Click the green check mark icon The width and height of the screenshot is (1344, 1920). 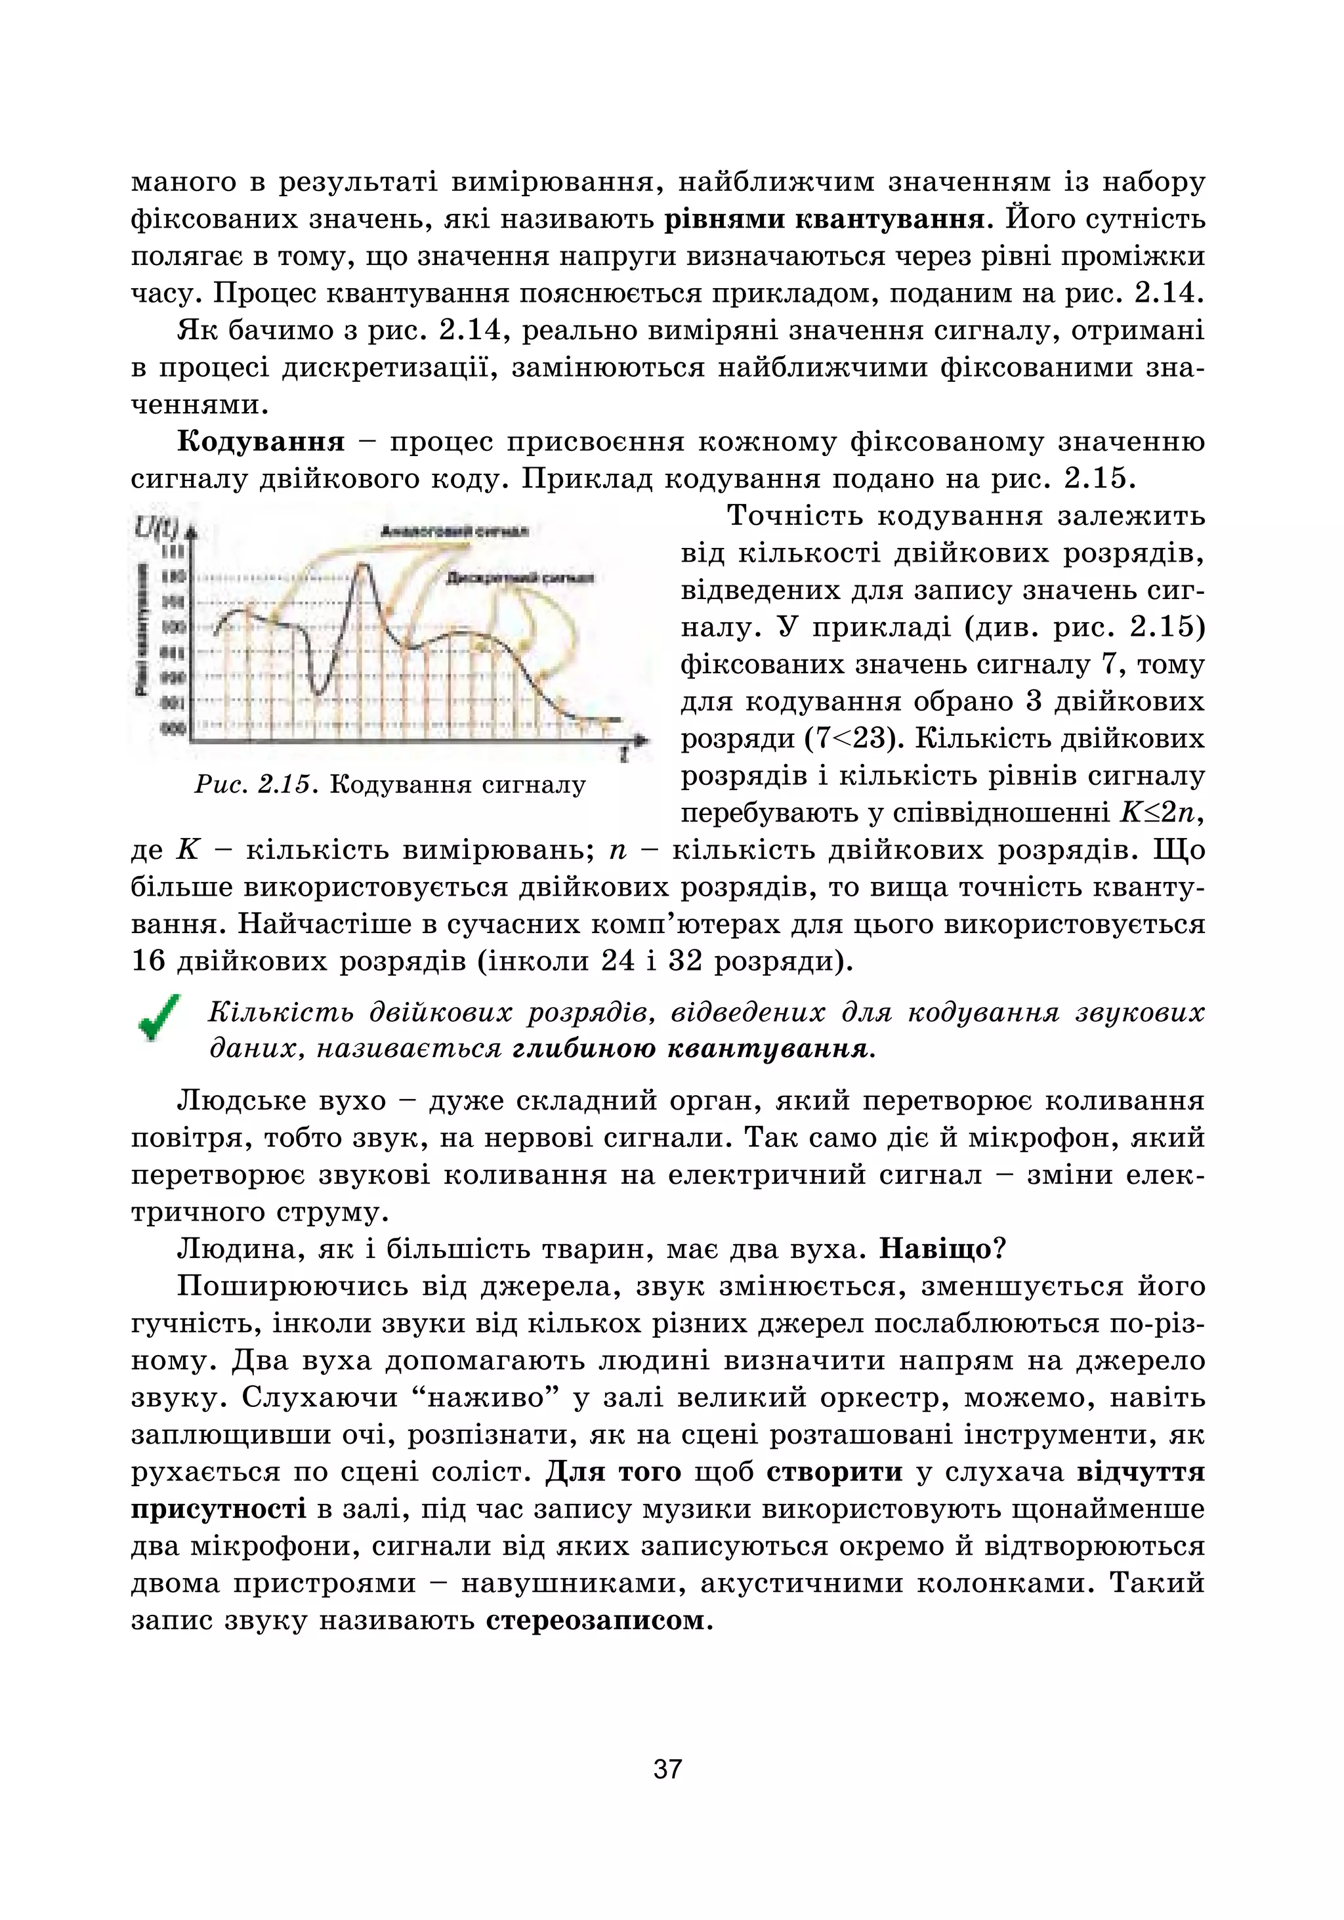tap(159, 1018)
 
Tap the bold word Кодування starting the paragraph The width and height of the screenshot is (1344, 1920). tap(261, 442)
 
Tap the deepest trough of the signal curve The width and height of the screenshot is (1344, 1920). tap(318, 692)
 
